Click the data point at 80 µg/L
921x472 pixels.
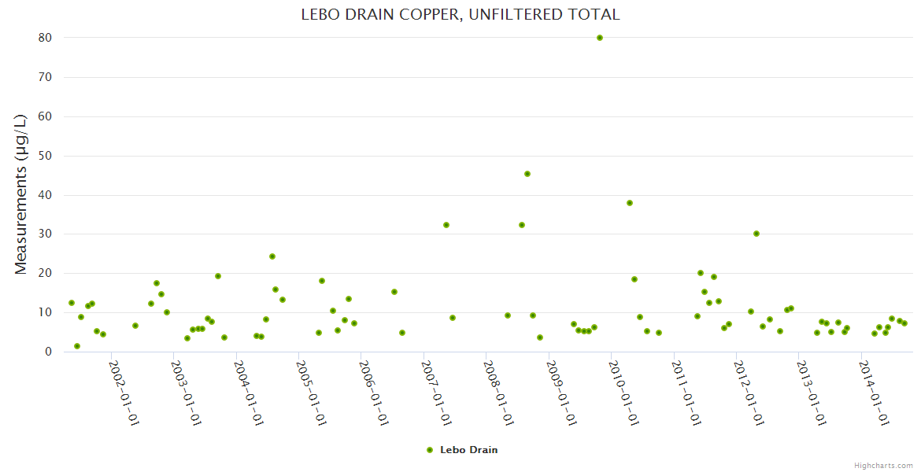600,38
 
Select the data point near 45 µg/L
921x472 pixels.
527,174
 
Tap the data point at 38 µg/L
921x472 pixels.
630,203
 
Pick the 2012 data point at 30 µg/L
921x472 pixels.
756,234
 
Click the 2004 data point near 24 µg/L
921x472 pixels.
272,256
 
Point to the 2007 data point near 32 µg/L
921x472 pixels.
446,225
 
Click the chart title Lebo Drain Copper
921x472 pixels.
460,14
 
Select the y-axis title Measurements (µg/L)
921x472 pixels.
21,194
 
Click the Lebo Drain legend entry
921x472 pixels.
468,450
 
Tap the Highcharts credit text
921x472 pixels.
884,465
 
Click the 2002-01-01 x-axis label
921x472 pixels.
124,393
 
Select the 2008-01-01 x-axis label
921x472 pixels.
499,393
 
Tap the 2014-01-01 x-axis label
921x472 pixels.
875,393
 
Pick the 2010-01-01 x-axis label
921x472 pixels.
624,393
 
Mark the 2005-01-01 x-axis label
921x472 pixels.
312,393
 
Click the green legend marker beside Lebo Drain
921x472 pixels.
430,450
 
